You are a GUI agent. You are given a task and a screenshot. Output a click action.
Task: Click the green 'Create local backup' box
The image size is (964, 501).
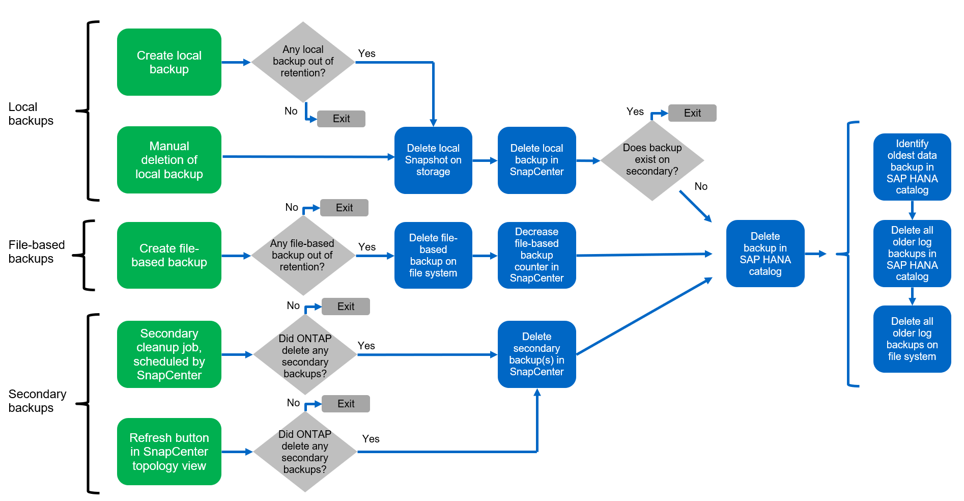point(169,62)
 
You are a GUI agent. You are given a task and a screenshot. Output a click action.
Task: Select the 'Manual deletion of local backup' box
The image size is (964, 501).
point(169,160)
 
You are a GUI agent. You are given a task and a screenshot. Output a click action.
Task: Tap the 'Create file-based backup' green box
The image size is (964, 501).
point(169,255)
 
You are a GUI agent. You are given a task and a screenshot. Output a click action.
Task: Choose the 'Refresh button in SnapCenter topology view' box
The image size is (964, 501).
point(169,452)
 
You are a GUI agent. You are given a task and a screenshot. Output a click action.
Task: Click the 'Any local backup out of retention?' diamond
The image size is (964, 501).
point(303,62)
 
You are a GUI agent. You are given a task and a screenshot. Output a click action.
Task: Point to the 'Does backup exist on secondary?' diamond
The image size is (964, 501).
point(652,160)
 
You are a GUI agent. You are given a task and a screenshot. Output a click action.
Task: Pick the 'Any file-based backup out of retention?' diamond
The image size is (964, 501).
point(303,255)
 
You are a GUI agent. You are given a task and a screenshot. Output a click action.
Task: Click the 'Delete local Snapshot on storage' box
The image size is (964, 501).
point(433,160)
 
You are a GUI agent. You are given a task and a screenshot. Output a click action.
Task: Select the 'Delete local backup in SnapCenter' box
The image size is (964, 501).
point(536,160)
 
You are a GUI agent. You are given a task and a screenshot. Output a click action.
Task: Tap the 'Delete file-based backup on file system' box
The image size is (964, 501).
point(433,255)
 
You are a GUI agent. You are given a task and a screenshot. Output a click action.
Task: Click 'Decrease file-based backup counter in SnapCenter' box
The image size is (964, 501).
point(536,255)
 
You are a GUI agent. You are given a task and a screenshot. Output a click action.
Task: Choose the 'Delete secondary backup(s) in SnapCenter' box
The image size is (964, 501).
point(536,354)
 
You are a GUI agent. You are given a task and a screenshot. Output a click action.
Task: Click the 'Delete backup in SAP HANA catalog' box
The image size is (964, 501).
point(765,254)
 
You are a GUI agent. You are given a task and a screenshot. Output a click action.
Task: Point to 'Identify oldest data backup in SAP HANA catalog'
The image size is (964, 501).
point(912,167)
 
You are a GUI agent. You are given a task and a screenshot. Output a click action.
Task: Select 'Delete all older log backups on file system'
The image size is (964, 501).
point(912,339)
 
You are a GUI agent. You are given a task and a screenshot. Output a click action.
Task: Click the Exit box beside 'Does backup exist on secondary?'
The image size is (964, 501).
point(692,113)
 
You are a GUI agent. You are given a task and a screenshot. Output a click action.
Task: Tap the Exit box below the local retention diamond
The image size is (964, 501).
point(341,119)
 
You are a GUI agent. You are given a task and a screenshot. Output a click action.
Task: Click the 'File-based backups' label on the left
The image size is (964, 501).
point(37,252)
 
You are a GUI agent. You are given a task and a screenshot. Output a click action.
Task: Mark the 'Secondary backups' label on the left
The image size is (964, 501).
point(37,401)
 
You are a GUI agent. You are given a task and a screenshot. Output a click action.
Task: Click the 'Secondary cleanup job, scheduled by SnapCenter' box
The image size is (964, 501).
point(169,354)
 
